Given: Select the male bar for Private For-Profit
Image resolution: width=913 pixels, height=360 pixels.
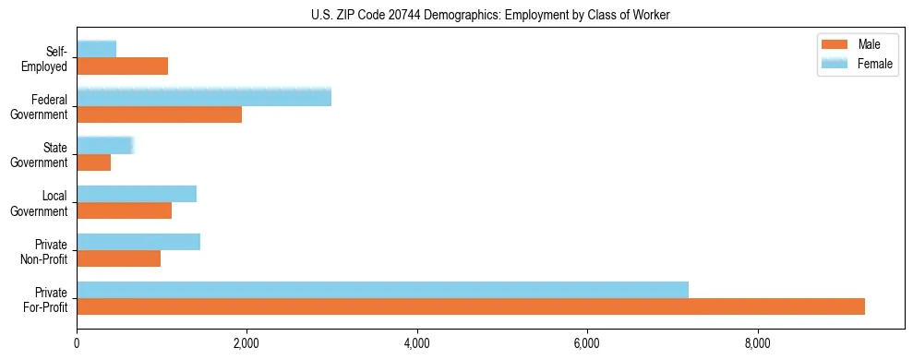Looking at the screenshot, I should [x=471, y=306].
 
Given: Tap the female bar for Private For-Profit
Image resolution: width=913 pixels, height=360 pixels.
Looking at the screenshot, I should [x=382, y=290].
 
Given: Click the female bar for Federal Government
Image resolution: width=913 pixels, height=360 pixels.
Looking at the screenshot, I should [x=204, y=98].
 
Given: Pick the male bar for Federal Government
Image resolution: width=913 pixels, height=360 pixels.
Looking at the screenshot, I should [x=160, y=114].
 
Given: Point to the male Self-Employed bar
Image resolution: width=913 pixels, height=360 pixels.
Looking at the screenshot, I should [x=123, y=66].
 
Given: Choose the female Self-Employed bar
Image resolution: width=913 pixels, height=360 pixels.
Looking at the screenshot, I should [x=97, y=49].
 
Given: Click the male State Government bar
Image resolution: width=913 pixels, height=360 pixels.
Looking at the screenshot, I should [x=94, y=162].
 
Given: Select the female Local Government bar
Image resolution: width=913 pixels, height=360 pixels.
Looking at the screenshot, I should [x=137, y=194].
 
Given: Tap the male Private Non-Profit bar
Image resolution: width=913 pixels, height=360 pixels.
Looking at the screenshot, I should [x=119, y=258].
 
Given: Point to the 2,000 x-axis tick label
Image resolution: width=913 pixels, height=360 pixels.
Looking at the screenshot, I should [x=246, y=345].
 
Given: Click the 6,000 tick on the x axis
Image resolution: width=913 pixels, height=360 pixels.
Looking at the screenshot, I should [x=587, y=345].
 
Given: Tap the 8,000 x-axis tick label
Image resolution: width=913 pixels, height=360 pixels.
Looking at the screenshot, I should [x=757, y=345].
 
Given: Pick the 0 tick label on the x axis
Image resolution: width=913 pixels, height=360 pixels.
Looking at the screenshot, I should [x=77, y=345].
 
